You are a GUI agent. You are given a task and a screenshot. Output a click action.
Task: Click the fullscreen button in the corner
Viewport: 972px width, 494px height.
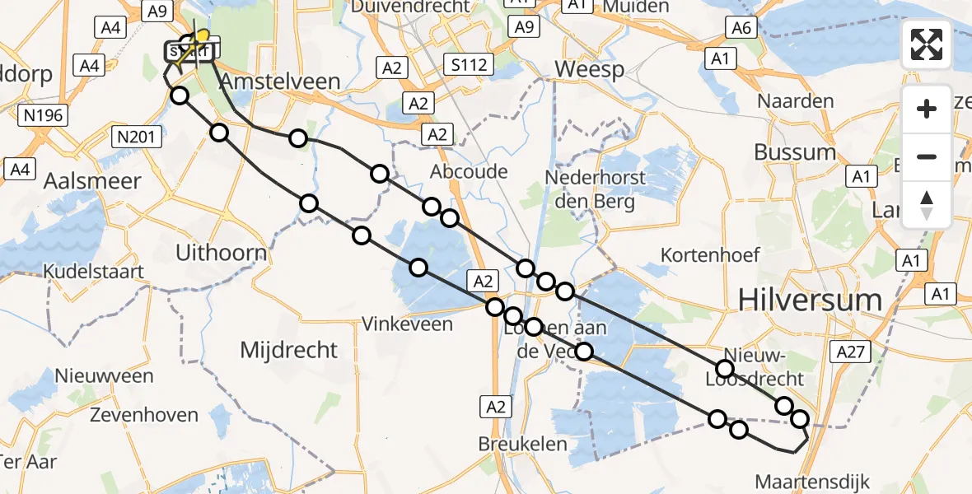927,44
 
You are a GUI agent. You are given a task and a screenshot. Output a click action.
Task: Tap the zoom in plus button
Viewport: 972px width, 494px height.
927,110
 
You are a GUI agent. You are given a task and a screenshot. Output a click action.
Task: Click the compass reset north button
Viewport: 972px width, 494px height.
927,205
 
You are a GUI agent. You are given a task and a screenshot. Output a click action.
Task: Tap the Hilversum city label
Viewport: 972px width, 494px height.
811,300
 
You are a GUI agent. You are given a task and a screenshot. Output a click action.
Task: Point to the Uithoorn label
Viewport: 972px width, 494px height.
221,253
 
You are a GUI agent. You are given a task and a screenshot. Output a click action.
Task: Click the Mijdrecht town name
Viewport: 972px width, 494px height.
288,350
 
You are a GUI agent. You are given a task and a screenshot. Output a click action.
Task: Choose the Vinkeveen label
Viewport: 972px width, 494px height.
407,324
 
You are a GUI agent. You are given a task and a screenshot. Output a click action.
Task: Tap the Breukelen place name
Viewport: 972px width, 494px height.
523,444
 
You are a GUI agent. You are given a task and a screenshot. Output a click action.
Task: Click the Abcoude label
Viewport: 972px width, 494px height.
469,172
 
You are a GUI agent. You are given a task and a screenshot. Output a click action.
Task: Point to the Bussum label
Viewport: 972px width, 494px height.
795,152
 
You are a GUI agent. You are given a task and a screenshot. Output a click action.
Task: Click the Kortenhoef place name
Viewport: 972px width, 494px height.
710,255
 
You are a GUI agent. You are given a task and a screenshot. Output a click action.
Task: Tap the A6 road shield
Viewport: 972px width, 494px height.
739,29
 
